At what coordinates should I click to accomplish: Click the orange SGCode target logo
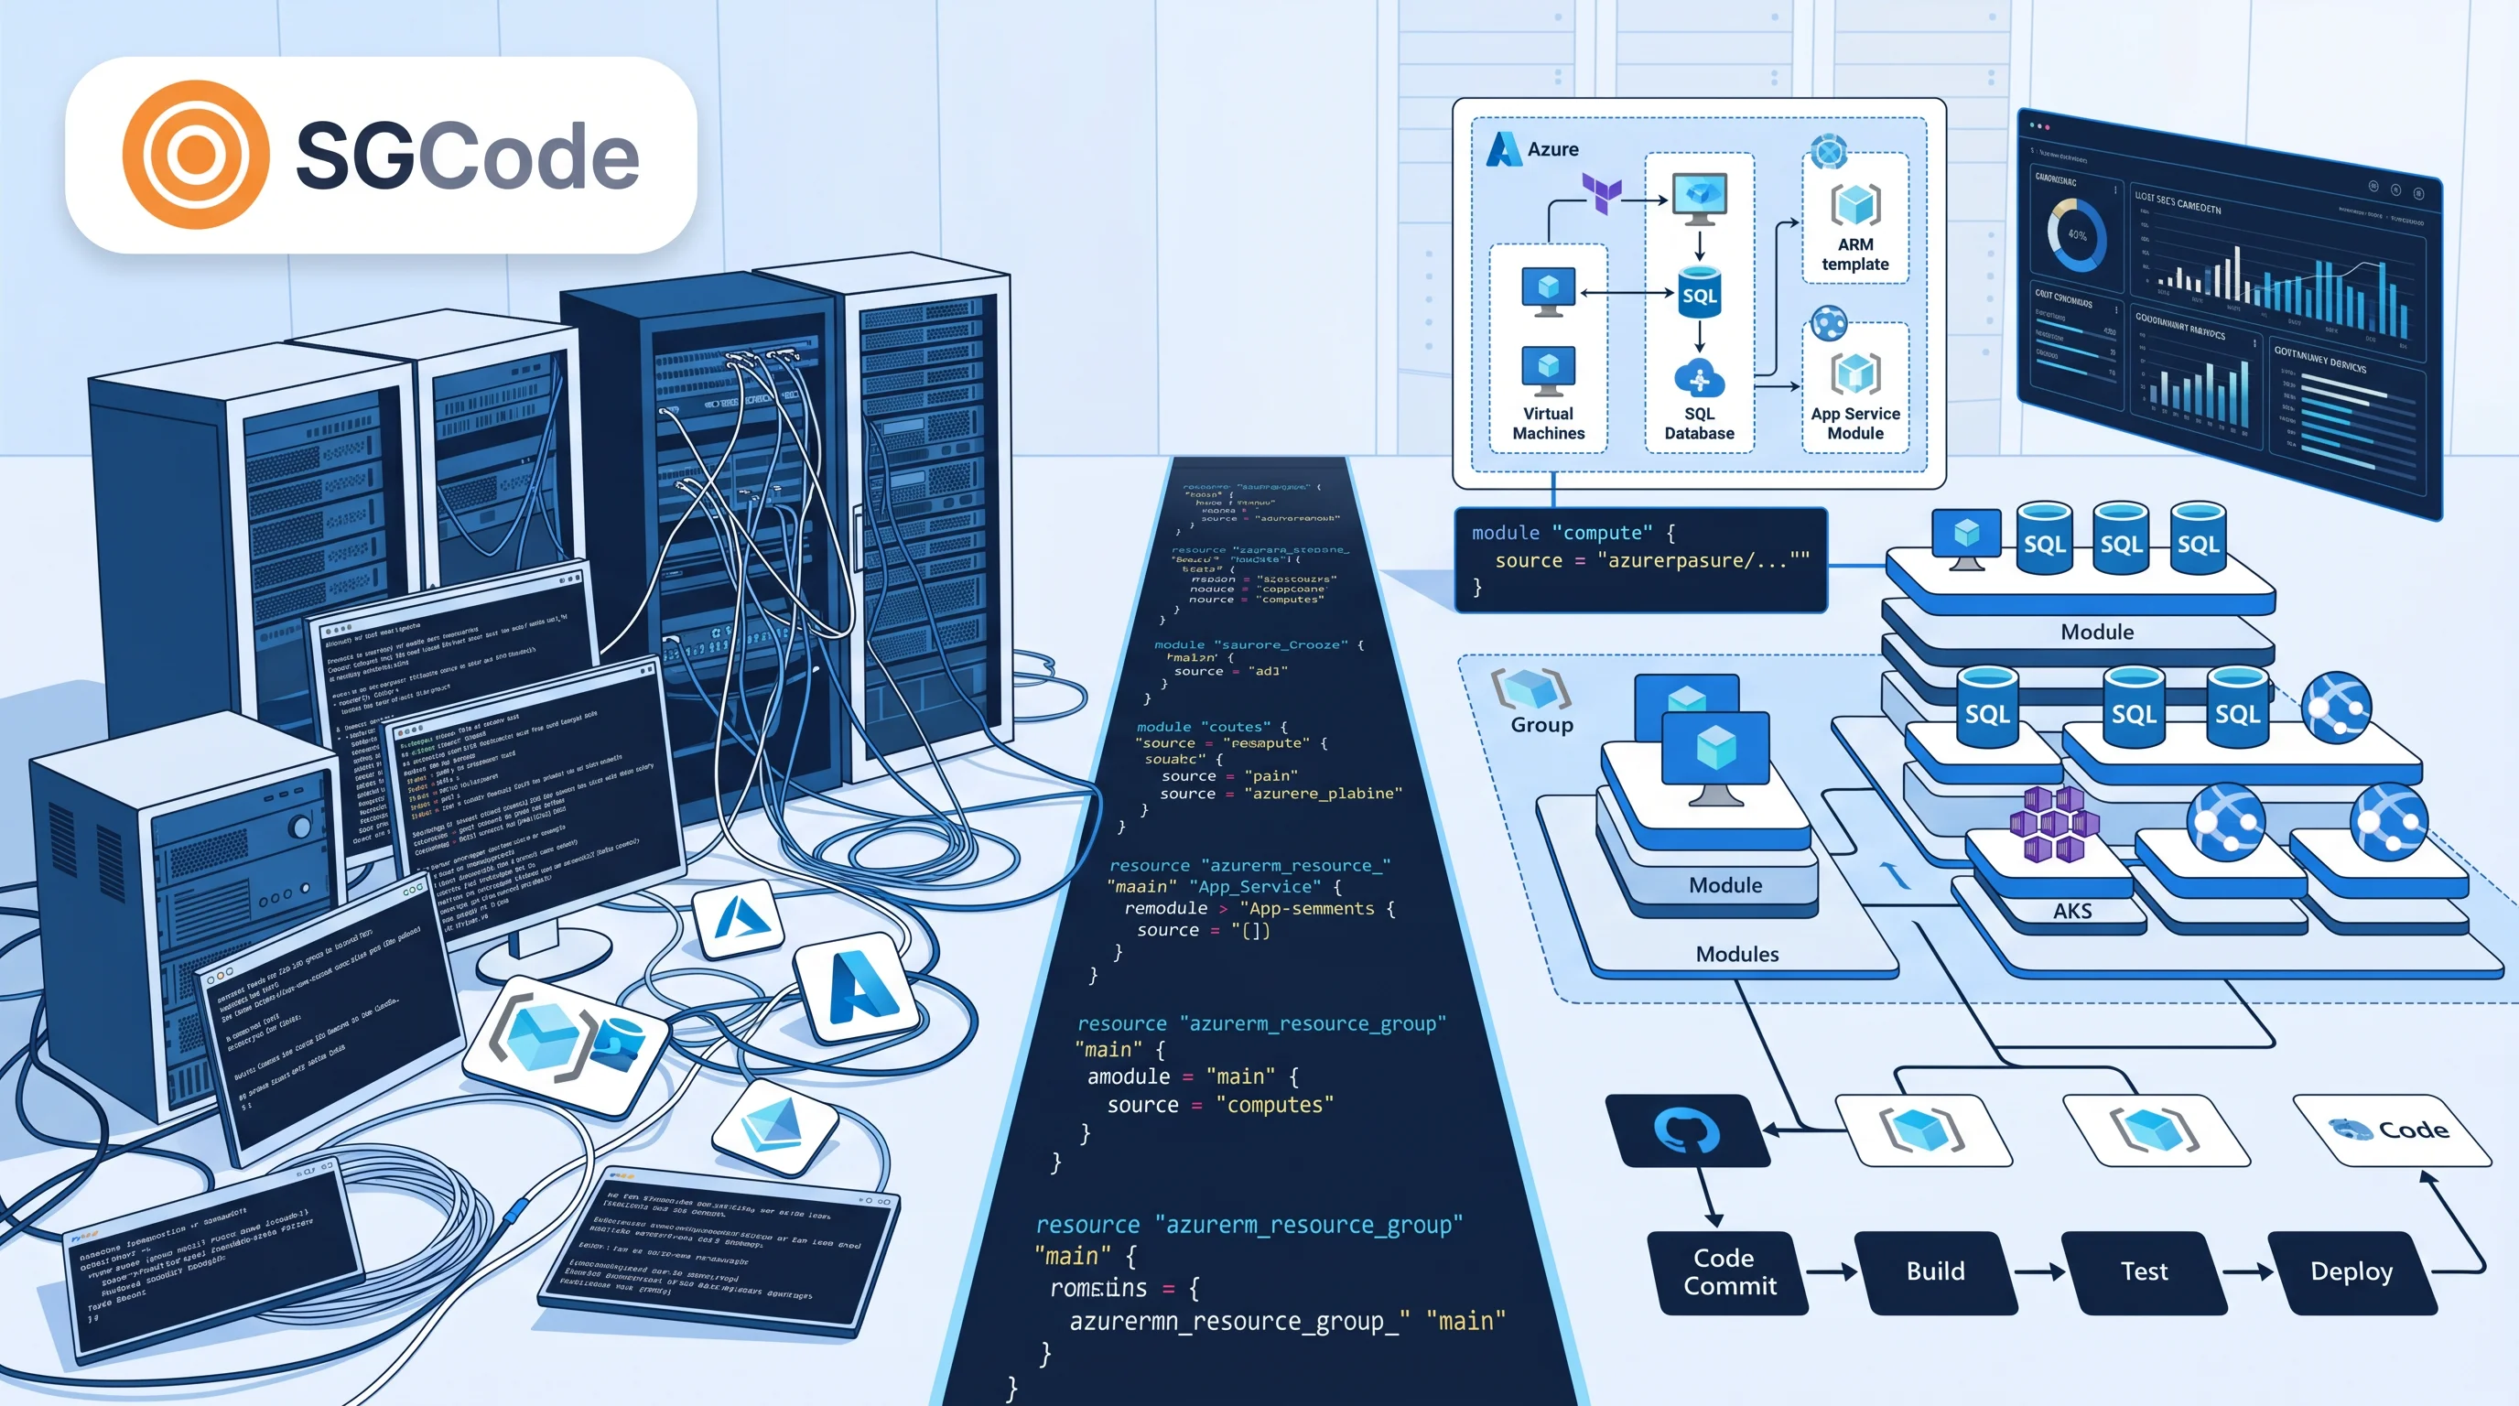(x=196, y=155)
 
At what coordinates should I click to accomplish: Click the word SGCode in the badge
(x=467, y=157)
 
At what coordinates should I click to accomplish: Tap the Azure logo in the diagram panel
(x=1503, y=149)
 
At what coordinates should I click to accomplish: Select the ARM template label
(x=1855, y=254)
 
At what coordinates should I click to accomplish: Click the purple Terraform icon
(x=1602, y=192)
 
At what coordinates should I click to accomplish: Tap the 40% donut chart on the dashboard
(x=2076, y=235)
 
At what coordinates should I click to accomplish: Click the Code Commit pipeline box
(x=1728, y=1271)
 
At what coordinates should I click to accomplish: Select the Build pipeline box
(x=1935, y=1271)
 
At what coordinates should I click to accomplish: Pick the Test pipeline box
(x=2144, y=1271)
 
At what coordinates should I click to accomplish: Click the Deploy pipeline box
(x=2351, y=1271)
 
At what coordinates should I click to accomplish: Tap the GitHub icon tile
(x=1688, y=1130)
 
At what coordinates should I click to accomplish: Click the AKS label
(x=2072, y=910)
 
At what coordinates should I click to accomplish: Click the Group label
(x=1541, y=724)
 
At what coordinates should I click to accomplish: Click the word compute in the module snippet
(x=1602, y=533)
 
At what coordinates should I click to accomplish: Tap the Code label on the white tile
(x=2413, y=1130)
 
